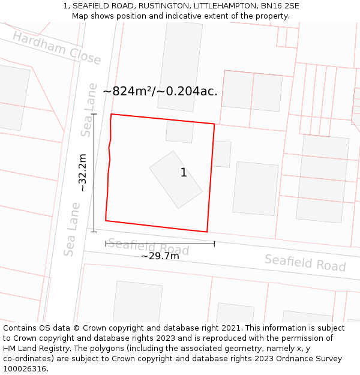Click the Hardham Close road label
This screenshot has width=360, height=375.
coord(56,47)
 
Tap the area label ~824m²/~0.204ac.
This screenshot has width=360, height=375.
coord(160,91)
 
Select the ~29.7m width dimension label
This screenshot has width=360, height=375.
coord(160,256)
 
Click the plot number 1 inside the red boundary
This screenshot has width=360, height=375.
coord(184,173)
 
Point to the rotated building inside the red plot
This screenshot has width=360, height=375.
coord(176,179)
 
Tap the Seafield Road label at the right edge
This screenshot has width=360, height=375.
coord(305,263)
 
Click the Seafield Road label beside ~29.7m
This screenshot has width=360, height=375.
coord(148,247)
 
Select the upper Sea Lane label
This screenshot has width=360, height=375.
coord(89,110)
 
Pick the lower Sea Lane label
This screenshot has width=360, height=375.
coord(72,229)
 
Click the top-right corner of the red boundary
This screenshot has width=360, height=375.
coord(214,124)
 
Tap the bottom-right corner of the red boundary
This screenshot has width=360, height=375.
coord(207,232)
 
